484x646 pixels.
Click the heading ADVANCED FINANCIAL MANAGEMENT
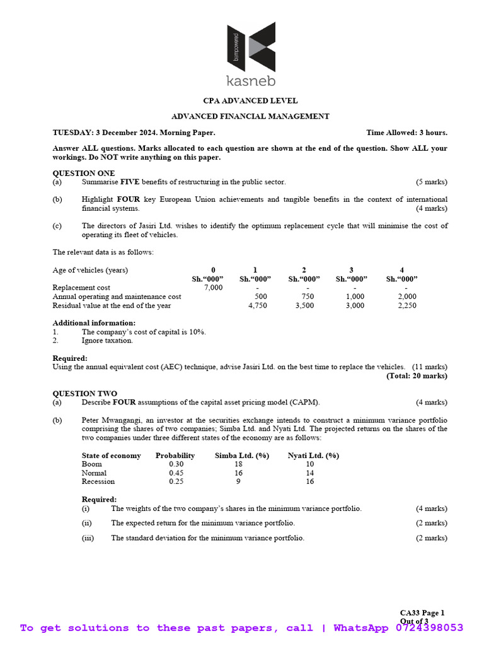point(250,116)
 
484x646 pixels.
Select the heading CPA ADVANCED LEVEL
point(250,100)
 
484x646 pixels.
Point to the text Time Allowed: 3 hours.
point(406,132)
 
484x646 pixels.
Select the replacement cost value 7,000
point(213,287)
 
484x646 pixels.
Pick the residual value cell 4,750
point(260,305)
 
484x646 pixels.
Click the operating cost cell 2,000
point(406,296)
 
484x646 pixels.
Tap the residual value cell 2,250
point(406,305)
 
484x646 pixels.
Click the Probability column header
point(175,455)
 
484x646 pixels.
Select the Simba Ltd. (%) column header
point(242,455)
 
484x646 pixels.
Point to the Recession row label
point(98,481)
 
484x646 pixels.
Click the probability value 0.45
point(176,473)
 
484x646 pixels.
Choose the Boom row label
point(92,464)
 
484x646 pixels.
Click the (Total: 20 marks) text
point(417,375)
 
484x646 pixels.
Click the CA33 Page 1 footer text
point(422,612)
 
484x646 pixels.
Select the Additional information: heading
point(93,323)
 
